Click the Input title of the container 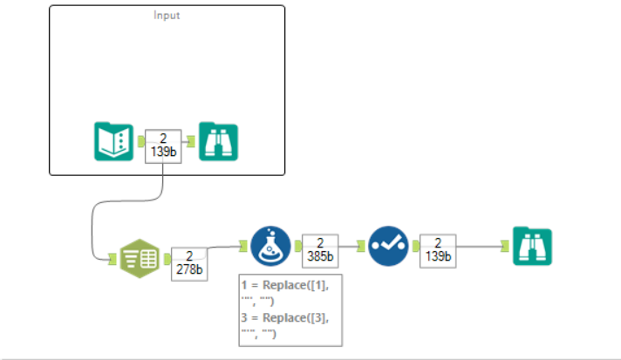click(167, 15)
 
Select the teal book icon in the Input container click(113, 141)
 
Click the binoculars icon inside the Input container click(218, 141)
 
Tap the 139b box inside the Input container click(163, 145)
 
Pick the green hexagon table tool click(139, 258)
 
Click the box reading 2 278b click(188, 262)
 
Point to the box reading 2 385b click(320, 249)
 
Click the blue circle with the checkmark click(387, 247)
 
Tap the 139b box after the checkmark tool click(438, 249)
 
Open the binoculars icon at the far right click(532, 247)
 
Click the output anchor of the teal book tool click(140, 141)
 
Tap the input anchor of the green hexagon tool click(113, 258)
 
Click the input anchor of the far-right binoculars click(507, 247)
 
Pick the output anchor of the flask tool click(296, 247)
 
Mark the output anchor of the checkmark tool click(413, 247)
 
